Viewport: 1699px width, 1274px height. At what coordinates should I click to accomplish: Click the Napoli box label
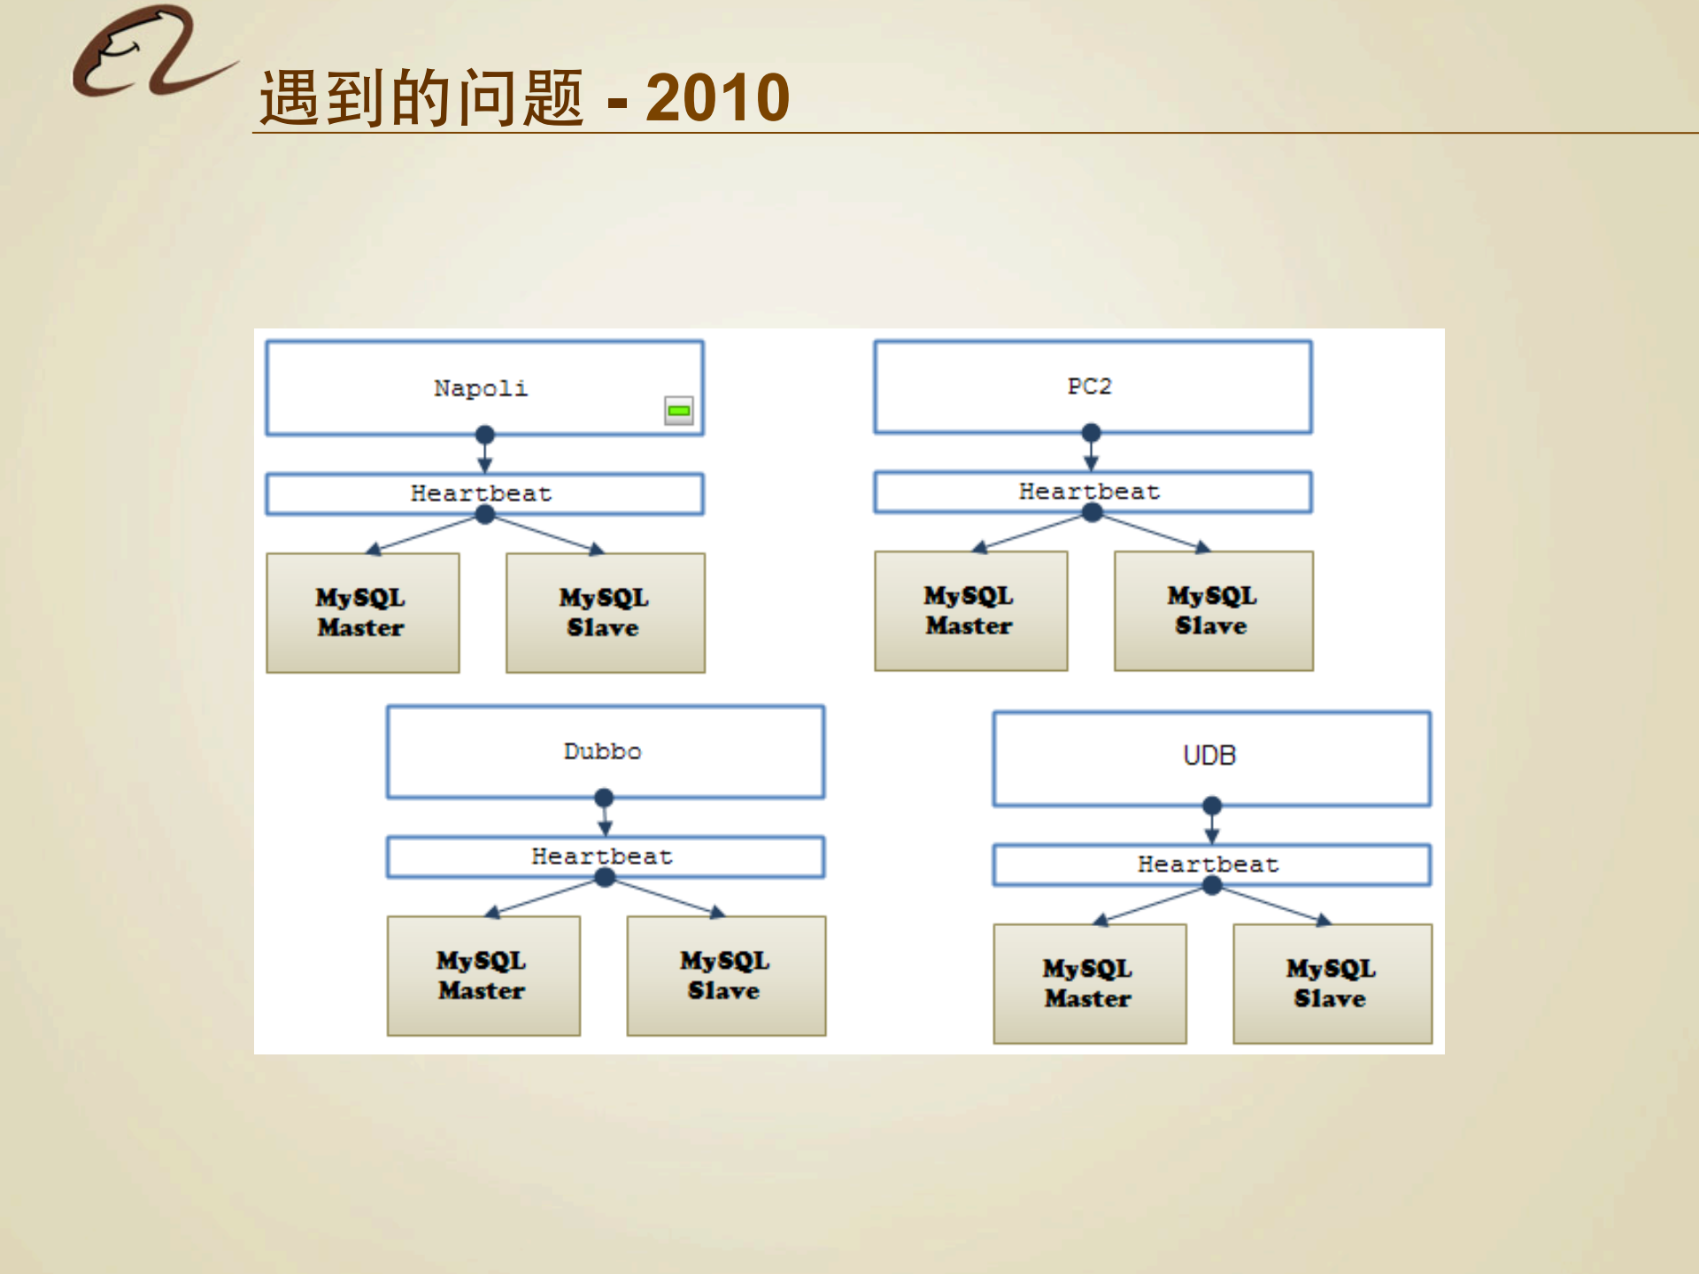click(481, 389)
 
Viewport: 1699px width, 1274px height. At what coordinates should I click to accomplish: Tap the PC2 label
click(1089, 387)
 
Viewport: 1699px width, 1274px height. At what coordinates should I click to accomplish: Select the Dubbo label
click(603, 752)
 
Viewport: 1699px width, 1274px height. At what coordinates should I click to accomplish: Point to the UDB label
click(1209, 756)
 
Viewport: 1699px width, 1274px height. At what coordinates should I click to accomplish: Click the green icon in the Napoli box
click(679, 411)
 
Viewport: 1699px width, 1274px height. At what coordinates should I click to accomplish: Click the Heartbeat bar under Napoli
click(483, 494)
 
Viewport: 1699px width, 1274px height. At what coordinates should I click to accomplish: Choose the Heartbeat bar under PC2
click(1091, 492)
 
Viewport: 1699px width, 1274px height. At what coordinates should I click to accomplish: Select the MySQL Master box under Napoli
click(362, 613)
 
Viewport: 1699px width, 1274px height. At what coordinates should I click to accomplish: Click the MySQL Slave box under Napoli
click(605, 613)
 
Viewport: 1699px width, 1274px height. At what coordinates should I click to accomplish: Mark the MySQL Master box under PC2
click(970, 611)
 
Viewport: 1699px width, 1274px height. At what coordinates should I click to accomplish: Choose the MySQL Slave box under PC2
click(1213, 611)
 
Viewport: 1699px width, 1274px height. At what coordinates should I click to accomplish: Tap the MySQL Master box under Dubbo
click(483, 976)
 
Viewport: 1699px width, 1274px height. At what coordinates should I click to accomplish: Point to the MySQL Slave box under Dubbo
click(726, 976)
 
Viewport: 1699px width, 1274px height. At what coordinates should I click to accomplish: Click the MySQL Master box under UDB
click(1089, 984)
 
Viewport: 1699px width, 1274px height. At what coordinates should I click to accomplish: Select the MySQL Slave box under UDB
click(1332, 984)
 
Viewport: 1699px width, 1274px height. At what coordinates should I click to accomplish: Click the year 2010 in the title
click(717, 97)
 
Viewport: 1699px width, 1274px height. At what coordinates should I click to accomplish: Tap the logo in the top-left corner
click(151, 53)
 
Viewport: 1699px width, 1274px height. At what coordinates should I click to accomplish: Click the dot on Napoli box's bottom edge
click(484, 435)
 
